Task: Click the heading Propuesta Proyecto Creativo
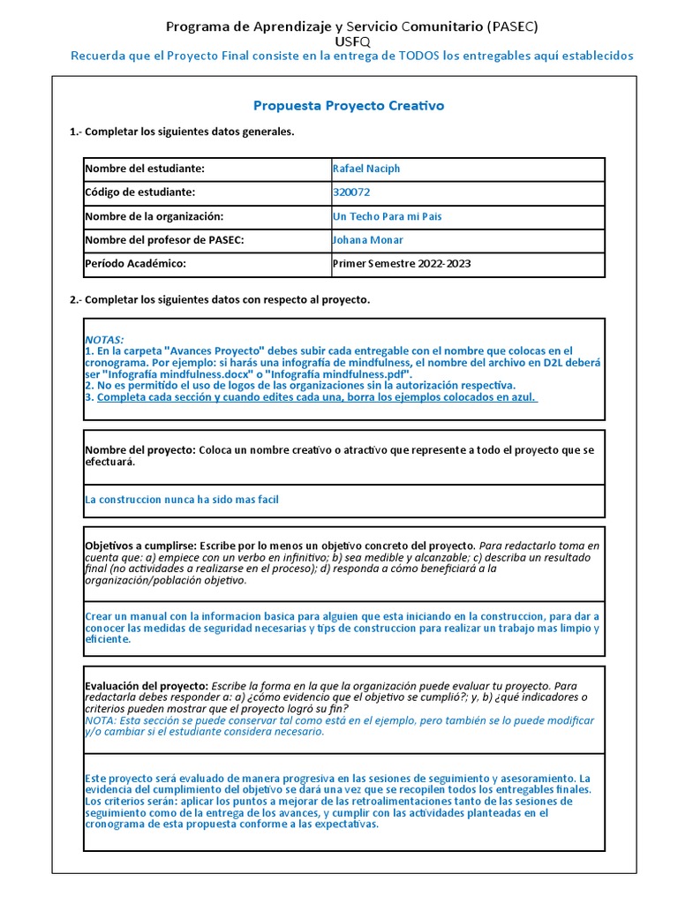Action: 349,106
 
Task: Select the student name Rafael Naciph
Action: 365,169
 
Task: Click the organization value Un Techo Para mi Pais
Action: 387,216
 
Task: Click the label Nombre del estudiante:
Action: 145,169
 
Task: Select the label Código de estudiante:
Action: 140,192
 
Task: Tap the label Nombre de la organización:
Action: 154,216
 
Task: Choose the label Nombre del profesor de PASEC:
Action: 164,240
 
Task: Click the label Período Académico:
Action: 136,263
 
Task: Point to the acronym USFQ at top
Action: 352,41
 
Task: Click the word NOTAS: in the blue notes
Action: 104,340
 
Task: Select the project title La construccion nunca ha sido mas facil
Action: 182,500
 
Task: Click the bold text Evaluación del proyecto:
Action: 147,686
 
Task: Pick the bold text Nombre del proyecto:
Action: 139,450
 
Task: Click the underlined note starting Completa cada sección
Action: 318,397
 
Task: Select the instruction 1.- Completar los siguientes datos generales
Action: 182,132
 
